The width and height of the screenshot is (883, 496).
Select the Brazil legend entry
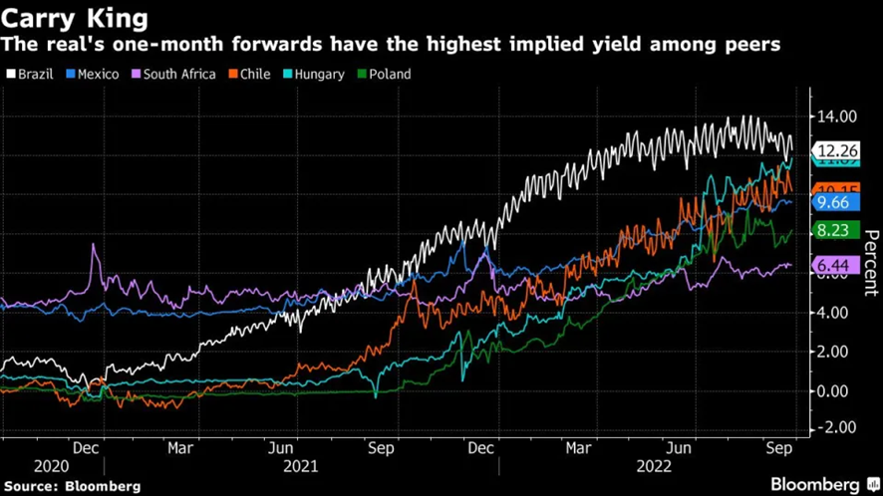click(x=30, y=74)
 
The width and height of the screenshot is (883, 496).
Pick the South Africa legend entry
click(x=173, y=74)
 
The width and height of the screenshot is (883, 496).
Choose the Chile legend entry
click(x=249, y=74)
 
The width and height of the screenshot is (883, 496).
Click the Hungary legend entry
click(x=314, y=74)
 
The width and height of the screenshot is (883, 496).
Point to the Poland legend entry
click(x=385, y=74)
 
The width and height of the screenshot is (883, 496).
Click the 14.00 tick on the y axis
click(x=835, y=117)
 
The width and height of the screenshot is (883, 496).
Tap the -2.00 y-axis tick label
click(x=835, y=427)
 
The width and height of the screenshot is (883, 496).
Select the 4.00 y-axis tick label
click(x=835, y=313)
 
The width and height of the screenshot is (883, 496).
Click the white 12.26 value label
click(x=836, y=151)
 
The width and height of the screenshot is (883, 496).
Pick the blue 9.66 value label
click(x=833, y=202)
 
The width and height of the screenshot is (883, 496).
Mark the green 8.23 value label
click(x=833, y=230)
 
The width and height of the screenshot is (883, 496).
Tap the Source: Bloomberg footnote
click(x=72, y=486)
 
